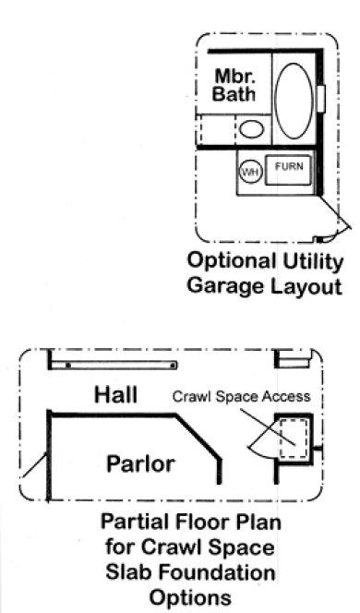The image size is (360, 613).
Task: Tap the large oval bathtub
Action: pyautogui.click(x=294, y=95)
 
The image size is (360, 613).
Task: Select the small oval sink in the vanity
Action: pyautogui.click(x=251, y=128)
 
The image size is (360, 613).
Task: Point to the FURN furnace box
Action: pyautogui.click(x=288, y=169)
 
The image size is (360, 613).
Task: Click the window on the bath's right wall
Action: pyautogui.click(x=321, y=97)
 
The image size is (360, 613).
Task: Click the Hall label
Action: pyautogui.click(x=116, y=395)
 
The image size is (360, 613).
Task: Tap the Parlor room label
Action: pyautogui.click(x=139, y=463)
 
